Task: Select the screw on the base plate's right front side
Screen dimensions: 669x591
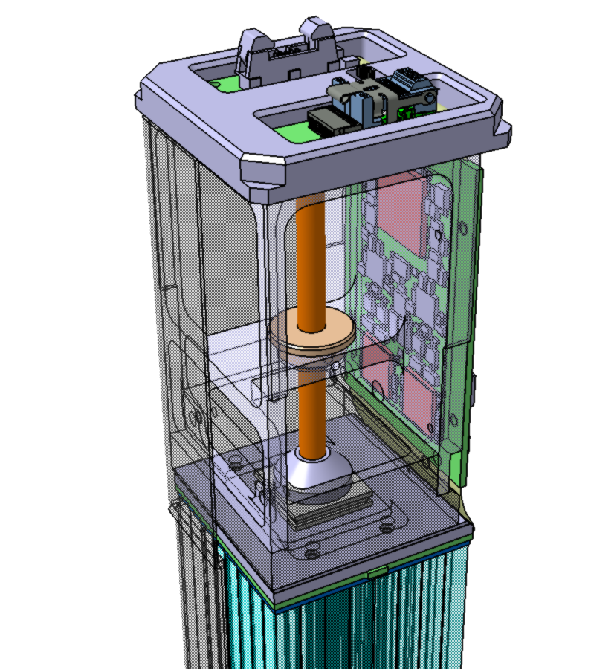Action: [386, 528]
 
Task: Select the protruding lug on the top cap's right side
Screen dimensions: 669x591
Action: [500, 130]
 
